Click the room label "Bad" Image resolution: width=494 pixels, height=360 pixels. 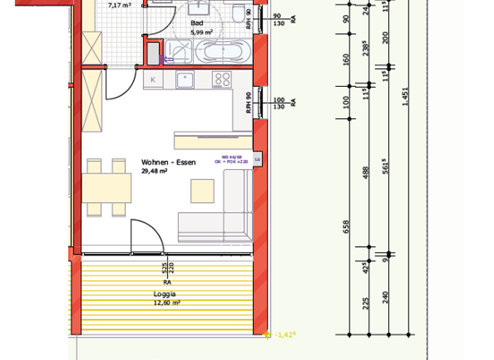[196, 22]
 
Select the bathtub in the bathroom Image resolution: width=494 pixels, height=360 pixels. [223, 51]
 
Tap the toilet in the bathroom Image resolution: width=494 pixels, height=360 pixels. [239, 14]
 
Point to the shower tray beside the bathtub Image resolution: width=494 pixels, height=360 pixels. [178, 51]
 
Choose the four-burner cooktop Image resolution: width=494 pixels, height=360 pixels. [222, 80]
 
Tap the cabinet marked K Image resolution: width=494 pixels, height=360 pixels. [153, 80]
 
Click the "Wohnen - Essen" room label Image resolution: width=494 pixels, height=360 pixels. [169, 163]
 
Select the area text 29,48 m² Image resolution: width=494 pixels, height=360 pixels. [155, 171]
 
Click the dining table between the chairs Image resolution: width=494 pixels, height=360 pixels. [107, 188]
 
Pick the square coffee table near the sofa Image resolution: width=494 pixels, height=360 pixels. [202, 191]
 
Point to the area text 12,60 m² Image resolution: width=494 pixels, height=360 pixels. [167, 302]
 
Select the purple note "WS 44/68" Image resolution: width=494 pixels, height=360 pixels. [230, 157]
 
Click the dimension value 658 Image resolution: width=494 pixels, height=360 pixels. [346, 226]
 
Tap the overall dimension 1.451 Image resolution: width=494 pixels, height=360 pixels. [405, 96]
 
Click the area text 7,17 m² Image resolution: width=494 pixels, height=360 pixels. [119, 5]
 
